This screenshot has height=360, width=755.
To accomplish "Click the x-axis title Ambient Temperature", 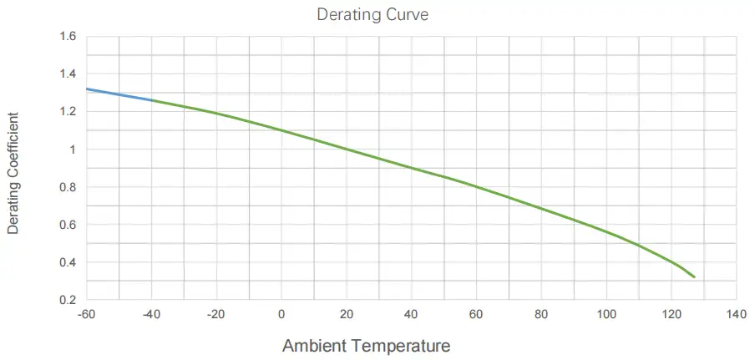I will click(x=367, y=345).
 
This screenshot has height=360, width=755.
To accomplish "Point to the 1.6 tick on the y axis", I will click(x=68, y=37).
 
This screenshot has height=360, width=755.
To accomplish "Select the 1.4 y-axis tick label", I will click(x=68, y=74).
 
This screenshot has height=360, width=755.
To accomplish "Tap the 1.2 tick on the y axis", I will click(x=68, y=112).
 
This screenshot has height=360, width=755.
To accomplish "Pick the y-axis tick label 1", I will click(x=73, y=150).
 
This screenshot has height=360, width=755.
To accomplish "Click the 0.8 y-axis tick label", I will click(x=68, y=187).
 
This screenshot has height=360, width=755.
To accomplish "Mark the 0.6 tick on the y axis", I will click(x=68, y=225).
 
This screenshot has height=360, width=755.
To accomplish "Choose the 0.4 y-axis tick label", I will click(x=68, y=262).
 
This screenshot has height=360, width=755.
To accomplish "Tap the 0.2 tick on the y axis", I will click(x=68, y=300).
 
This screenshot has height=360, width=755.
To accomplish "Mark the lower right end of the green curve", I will click(x=693, y=276).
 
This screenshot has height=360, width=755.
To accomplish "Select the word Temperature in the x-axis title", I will click(x=408, y=345).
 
